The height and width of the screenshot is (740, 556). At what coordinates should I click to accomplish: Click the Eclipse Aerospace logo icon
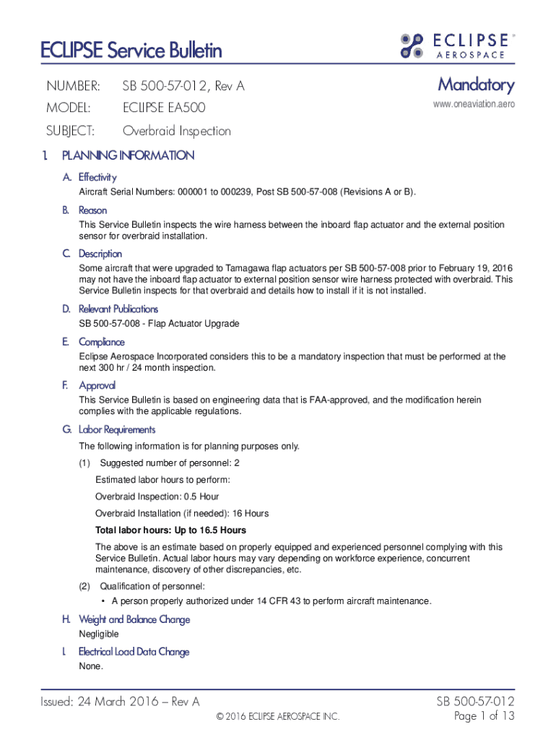coord(412,46)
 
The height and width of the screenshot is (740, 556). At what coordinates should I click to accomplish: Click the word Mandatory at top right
coord(476,85)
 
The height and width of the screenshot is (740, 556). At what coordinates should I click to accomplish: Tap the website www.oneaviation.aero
coord(474,106)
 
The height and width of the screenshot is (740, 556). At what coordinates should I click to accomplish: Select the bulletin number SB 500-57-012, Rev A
coord(183,87)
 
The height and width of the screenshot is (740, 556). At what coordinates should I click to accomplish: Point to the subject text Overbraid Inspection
coord(176,131)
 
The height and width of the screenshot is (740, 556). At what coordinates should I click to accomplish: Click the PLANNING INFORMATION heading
coord(128,155)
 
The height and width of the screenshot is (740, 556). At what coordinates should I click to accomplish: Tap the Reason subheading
coord(92,210)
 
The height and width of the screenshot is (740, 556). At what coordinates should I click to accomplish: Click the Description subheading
coord(100,254)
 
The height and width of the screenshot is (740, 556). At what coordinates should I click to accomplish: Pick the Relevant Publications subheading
coord(118,309)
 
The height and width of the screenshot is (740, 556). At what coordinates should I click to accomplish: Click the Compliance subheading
coord(101,342)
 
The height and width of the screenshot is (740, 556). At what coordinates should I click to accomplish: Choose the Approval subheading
coord(97,385)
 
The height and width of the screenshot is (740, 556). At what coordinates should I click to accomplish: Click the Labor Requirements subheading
coord(116,430)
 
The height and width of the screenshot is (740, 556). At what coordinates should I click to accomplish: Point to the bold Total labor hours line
coord(170,530)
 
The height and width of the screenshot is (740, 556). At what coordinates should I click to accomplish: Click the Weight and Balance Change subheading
coord(134,619)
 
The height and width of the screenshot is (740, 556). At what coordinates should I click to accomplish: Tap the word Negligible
coord(99,634)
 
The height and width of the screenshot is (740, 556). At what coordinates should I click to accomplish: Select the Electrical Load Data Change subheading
coord(134,652)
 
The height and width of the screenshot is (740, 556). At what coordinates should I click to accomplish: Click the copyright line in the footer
coord(277,717)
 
